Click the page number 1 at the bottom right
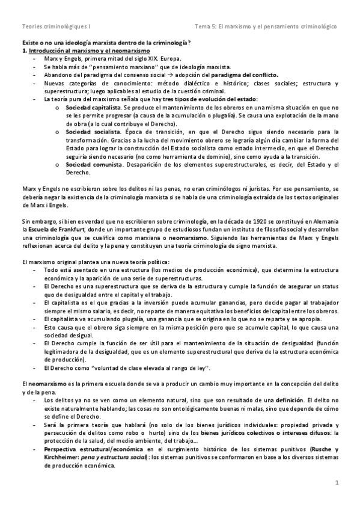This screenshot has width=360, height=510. [337, 483]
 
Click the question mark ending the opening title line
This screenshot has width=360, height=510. [190, 43]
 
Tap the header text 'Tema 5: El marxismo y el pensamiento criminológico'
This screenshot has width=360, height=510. [266, 27]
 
